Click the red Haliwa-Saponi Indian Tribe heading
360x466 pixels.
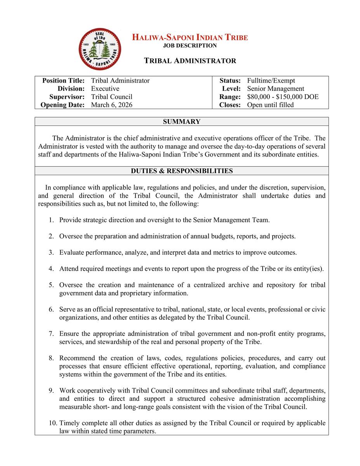pos(190,38)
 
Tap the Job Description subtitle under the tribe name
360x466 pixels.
pos(190,45)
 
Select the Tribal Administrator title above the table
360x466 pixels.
pos(190,61)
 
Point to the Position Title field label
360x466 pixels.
pos(63,81)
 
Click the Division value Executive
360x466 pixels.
pos(105,89)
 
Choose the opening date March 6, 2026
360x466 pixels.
pos(112,105)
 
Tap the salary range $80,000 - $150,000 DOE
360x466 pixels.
pos(283,97)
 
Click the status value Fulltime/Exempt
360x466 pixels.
pos(271,81)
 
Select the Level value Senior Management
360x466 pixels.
pos(276,89)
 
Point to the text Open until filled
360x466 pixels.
pos(270,105)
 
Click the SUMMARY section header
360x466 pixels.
pos(182,122)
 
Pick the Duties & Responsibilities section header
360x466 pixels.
pos(182,171)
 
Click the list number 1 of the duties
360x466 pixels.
pos(51,220)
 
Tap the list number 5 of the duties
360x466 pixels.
pos(51,285)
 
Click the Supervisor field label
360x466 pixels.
pos(67,97)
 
